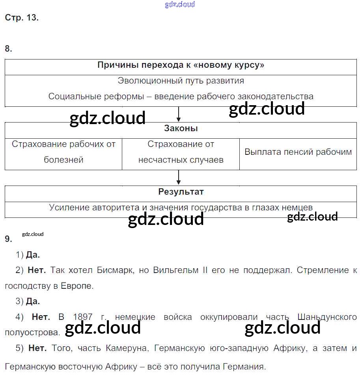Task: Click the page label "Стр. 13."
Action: tap(22, 18)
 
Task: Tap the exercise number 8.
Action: tap(8, 49)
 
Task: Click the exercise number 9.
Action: tap(8, 239)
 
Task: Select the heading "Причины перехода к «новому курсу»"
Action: tap(181, 65)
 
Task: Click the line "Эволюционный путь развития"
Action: tap(181, 81)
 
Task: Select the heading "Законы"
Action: tap(181, 128)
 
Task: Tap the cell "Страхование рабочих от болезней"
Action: tap(63, 152)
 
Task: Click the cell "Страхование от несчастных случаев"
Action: tap(181, 152)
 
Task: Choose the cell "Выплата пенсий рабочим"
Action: tap(298, 152)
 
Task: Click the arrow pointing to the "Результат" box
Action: tap(179, 178)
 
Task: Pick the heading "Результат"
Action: tap(181, 192)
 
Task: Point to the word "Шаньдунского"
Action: tap(327, 317)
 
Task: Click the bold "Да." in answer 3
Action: tap(33, 301)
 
